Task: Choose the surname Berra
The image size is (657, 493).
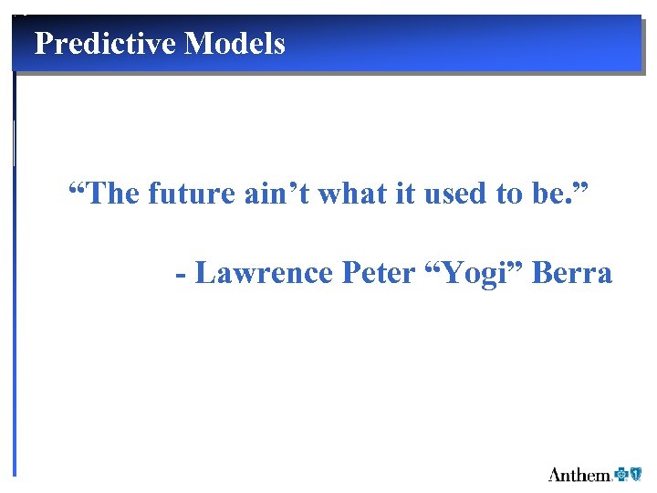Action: (572, 273)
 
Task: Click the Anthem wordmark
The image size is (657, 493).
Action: (579, 474)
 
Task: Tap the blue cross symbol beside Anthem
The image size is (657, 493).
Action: (622, 473)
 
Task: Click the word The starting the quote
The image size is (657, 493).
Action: (111, 194)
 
